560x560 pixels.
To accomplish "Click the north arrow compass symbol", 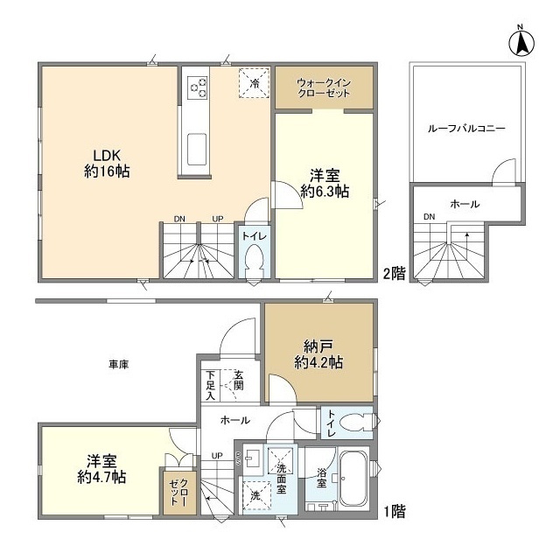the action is (x=521, y=44).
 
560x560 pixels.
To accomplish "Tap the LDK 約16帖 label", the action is (x=107, y=164).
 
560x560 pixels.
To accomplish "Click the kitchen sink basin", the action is (x=197, y=150).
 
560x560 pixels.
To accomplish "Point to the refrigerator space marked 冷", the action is (x=255, y=83).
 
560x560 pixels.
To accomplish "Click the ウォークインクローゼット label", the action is (x=324, y=87).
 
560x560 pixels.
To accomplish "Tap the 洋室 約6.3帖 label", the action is (x=325, y=184).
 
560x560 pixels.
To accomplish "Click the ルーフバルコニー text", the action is (x=466, y=129).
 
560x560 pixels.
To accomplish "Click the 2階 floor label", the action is (x=395, y=274).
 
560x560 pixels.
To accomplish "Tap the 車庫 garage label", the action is (x=119, y=365).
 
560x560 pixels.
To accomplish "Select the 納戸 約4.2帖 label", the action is (x=318, y=354).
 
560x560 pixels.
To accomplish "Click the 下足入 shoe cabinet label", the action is (x=211, y=385).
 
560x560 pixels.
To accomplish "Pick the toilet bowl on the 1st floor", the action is (x=356, y=422).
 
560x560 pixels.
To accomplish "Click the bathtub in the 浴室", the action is (x=353, y=477).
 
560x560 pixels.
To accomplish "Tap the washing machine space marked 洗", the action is (x=255, y=496).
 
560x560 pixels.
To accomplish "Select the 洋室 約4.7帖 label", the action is (x=101, y=469).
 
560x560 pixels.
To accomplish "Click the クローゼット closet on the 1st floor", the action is (x=178, y=493).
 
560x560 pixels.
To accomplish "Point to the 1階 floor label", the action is (x=395, y=511).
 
